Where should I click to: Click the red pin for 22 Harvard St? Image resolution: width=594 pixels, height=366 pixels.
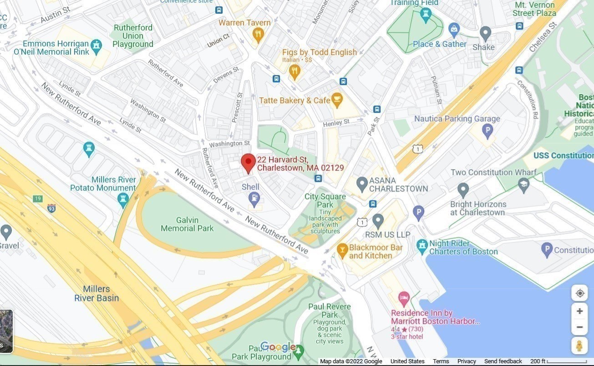[248, 162]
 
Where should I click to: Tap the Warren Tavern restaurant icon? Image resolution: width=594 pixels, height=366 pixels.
[258, 34]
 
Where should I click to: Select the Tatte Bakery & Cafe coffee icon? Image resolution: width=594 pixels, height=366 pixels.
[336, 100]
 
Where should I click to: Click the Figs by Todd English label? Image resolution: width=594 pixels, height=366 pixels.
[319, 52]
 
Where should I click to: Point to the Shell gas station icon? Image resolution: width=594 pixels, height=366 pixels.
[254, 198]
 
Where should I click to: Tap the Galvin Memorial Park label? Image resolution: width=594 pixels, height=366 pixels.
[187, 224]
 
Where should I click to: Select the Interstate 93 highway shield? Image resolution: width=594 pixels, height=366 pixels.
[51, 208]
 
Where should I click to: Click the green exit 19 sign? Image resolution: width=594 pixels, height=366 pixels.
[37, 199]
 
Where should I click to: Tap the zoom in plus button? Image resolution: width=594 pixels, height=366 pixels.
[579, 311]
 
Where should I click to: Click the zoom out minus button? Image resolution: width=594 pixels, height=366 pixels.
[579, 327]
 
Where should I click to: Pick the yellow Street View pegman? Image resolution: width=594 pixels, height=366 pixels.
[579, 346]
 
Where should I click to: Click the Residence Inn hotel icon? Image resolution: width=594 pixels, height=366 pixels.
[404, 298]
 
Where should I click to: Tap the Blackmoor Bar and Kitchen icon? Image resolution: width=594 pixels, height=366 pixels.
[342, 249]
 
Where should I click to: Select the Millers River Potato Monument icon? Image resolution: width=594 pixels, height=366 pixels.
[122, 199]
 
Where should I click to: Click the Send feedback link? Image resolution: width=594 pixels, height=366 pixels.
[503, 361]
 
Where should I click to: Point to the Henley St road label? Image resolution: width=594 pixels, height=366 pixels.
[336, 123]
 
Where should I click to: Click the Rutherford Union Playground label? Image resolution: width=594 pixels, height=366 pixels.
[133, 36]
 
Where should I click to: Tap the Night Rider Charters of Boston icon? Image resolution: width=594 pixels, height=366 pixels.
[422, 245]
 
